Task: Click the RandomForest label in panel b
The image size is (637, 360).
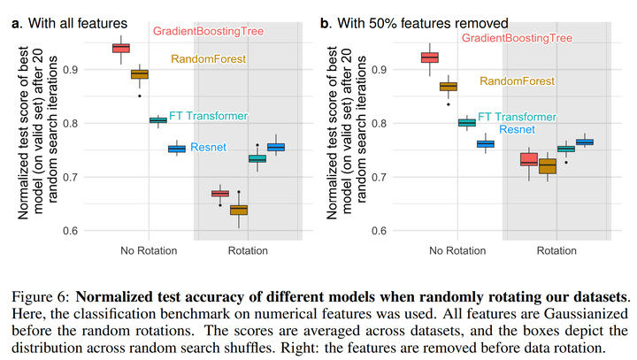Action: coord(517,81)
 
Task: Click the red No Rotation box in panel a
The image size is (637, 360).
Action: coord(121,48)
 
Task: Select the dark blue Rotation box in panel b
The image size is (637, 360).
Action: coord(584,142)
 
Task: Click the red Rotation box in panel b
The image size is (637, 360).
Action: coord(528,159)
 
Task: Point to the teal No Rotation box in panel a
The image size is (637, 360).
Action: coord(158,120)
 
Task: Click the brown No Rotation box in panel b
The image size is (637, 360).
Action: coord(449,87)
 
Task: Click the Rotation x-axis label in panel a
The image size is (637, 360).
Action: coord(248,251)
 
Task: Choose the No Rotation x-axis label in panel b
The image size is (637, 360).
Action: coord(458,251)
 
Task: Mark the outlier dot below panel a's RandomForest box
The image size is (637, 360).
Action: coord(140,96)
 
